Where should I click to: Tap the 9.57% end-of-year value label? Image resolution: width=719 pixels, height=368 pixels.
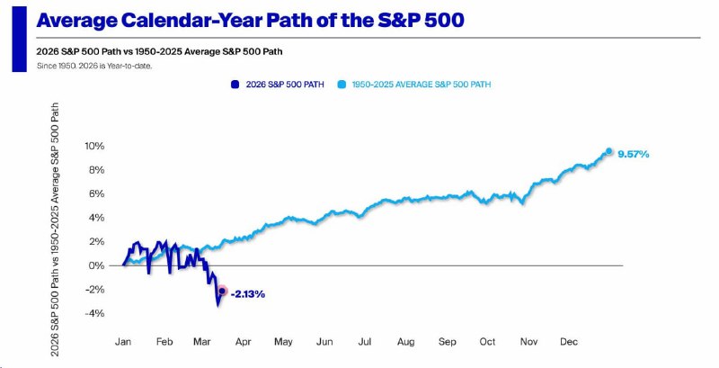click(634, 154)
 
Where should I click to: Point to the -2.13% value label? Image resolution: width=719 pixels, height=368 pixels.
click(247, 293)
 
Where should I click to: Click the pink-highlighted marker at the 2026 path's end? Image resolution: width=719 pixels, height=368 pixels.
click(222, 291)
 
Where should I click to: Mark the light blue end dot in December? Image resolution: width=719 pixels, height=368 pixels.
click(609, 151)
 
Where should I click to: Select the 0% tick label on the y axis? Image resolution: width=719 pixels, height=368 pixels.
click(96, 265)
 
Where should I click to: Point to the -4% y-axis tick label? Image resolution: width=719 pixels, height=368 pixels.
click(93, 313)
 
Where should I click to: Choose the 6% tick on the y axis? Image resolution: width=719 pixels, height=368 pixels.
click(95, 193)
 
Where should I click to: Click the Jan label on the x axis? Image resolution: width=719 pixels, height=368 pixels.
click(124, 343)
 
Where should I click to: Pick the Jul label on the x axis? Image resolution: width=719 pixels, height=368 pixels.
click(365, 343)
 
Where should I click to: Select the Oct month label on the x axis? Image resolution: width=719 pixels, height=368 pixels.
click(487, 343)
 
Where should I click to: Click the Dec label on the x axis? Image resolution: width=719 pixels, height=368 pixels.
click(569, 343)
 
